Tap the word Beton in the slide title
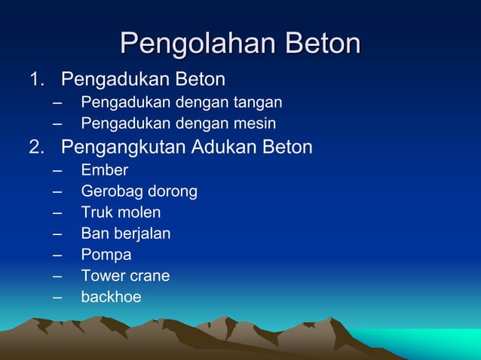point(320,44)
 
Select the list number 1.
point(35,79)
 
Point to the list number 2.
point(35,146)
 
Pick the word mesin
point(255,123)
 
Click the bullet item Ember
point(105,170)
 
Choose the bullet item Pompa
point(106,255)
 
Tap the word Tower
point(103,276)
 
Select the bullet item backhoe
point(112,297)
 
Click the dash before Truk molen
point(58,212)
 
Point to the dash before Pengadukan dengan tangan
point(58,102)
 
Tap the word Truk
point(96,212)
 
